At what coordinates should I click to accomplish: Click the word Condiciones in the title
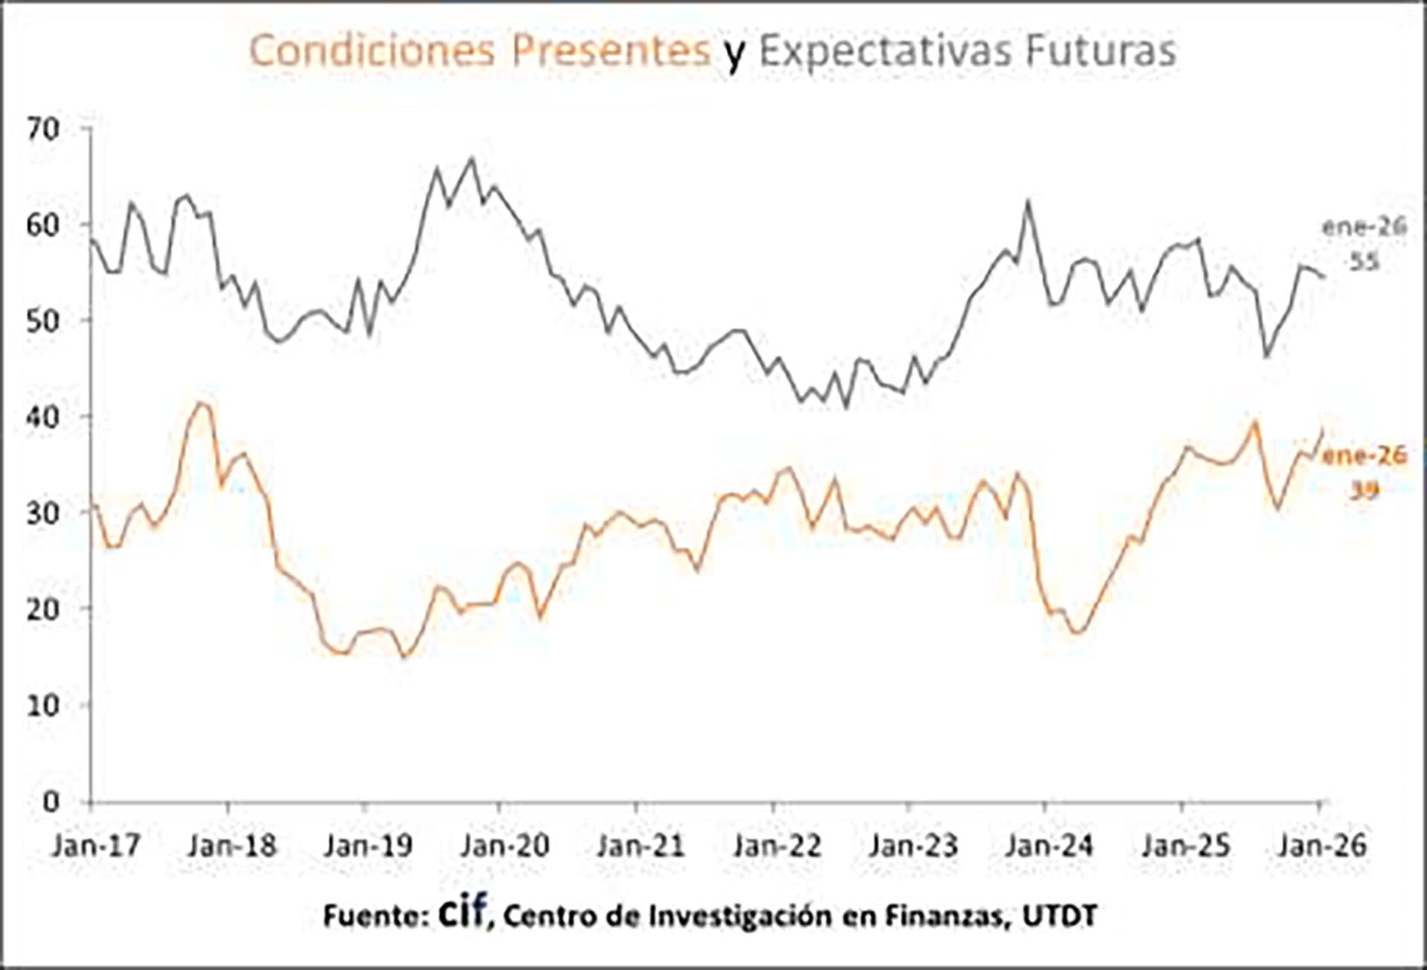(x=371, y=51)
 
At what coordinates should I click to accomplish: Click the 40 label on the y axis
(x=43, y=417)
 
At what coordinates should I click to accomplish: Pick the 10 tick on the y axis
(x=43, y=705)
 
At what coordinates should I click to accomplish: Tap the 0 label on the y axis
(x=51, y=801)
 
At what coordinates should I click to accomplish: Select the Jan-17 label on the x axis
(x=96, y=845)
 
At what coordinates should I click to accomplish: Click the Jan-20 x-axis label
(x=505, y=845)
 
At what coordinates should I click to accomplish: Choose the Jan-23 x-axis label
(x=913, y=845)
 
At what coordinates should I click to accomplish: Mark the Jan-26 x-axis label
(x=1322, y=845)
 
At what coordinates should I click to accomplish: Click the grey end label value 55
(x=1365, y=261)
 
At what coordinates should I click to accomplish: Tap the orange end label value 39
(x=1365, y=489)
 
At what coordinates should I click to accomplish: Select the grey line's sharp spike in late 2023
(x=1029, y=201)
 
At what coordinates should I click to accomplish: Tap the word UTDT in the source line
(x=1060, y=916)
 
